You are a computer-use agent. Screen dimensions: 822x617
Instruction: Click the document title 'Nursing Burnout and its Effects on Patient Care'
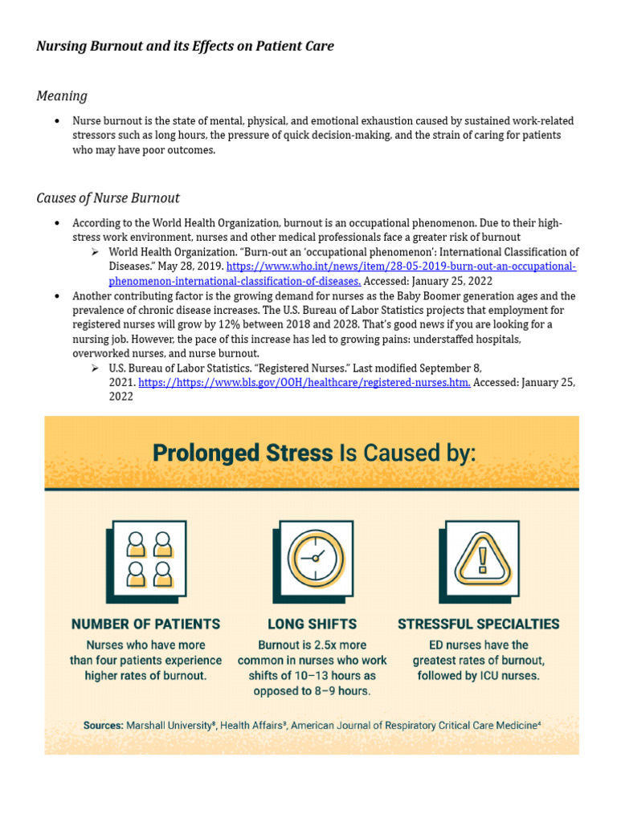pyautogui.click(x=185, y=47)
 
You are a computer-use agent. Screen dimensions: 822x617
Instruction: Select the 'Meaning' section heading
pyautogui.click(x=62, y=96)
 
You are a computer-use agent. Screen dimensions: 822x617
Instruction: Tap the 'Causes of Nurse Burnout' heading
pyautogui.click(x=108, y=198)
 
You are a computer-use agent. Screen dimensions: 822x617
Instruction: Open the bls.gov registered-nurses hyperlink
pyautogui.click(x=304, y=383)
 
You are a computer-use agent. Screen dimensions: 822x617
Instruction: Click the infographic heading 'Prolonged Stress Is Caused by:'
pyautogui.click(x=314, y=453)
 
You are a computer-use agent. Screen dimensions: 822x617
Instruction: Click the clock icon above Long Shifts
pyautogui.click(x=312, y=558)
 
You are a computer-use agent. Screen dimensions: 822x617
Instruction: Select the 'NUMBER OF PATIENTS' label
pyautogui.click(x=145, y=624)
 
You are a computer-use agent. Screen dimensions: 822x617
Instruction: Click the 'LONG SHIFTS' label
pyautogui.click(x=312, y=624)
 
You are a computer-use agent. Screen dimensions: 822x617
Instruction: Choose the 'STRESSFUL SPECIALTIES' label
pyautogui.click(x=479, y=624)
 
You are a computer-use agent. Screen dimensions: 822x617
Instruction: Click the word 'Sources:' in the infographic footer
pyautogui.click(x=103, y=725)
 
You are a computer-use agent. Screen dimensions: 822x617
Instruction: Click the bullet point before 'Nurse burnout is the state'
pyautogui.click(x=57, y=121)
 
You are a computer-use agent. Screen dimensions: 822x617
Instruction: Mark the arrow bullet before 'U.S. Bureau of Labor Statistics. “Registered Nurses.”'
pyautogui.click(x=96, y=368)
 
